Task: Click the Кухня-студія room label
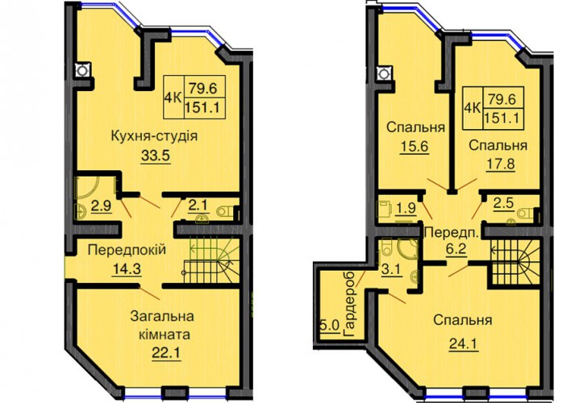click(154, 136)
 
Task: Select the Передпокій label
click(127, 250)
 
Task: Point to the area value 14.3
click(127, 269)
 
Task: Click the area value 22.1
click(166, 352)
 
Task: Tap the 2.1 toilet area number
click(198, 206)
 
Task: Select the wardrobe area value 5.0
click(330, 325)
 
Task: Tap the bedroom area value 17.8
click(501, 164)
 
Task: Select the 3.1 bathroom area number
click(393, 270)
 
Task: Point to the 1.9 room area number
click(406, 208)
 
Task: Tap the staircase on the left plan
click(211, 260)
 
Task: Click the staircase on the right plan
click(515, 262)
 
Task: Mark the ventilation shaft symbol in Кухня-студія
click(82, 69)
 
